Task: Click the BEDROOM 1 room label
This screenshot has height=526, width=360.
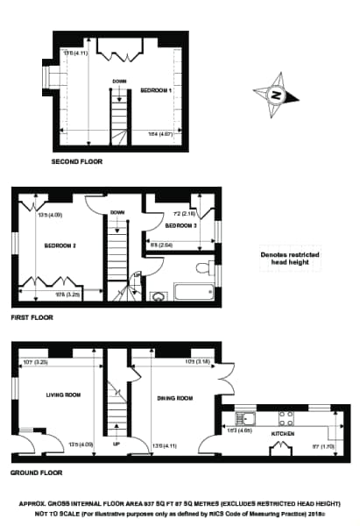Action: pos(155,90)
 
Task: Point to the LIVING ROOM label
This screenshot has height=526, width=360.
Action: pos(63,394)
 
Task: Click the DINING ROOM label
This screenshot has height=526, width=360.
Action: pos(173,398)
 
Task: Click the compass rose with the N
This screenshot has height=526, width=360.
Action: pos(275,94)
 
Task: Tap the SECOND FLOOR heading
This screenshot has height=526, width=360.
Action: pos(76,162)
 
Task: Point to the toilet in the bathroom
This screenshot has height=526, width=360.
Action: pos(203,268)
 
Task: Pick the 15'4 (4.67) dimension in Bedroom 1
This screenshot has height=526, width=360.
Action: pos(159,133)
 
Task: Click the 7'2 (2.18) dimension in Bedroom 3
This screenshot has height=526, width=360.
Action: pos(162,213)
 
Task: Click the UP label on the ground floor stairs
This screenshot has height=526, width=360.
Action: pos(117,443)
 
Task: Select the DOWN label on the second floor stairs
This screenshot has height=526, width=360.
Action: pos(118,82)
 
